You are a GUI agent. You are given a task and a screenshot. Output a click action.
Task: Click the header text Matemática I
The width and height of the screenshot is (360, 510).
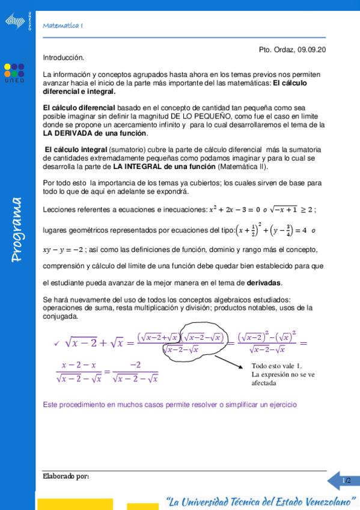click(x=63, y=25)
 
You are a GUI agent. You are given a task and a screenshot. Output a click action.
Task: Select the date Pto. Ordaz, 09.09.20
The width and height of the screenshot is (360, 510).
click(x=292, y=51)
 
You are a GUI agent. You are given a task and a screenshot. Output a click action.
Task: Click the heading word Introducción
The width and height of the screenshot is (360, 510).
click(x=64, y=58)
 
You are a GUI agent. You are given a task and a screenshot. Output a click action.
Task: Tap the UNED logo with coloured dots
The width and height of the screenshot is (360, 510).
click(x=14, y=71)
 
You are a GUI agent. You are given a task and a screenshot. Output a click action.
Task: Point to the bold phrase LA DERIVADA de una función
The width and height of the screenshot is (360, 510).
click(x=95, y=134)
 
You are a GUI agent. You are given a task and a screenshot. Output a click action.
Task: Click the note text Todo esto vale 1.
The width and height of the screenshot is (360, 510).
click(x=276, y=366)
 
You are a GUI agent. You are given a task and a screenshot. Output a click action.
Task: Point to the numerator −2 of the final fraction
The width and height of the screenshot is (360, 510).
click(x=135, y=365)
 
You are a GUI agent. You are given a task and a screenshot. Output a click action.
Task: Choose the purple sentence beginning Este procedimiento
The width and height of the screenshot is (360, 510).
click(x=169, y=405)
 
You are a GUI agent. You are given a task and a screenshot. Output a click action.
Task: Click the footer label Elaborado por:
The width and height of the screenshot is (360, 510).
click(x=66, y=476)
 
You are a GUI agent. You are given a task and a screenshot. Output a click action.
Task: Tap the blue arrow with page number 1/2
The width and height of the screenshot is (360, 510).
click(x=343, y=481)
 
